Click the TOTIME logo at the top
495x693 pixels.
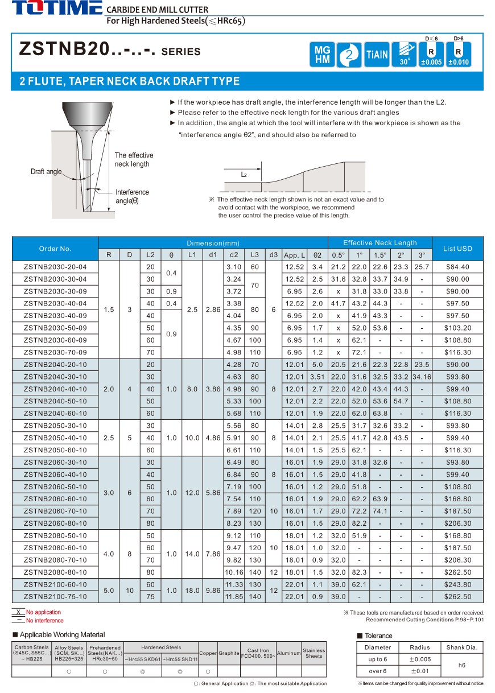(57, 9)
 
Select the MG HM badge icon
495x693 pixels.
(322, 55)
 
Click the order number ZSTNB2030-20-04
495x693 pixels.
(55, 267)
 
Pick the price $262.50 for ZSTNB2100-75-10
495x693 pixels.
(457, 596)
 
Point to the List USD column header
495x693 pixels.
(457, 249)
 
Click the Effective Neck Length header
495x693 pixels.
(379, 242)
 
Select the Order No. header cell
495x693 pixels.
(55, 249)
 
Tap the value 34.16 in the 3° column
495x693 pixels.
(422, 377)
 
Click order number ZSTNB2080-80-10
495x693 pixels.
(55, 572)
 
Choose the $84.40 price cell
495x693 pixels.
(457, 267)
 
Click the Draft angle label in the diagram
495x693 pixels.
(46, 172)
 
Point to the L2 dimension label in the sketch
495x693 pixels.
(244, 175)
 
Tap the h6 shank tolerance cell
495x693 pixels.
(461, 665)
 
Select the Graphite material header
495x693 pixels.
(229, 653)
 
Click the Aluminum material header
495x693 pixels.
(288, 653)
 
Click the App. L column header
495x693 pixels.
(295, 255)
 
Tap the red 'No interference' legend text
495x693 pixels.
(45, 620)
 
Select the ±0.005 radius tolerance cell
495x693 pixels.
(420, 659)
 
